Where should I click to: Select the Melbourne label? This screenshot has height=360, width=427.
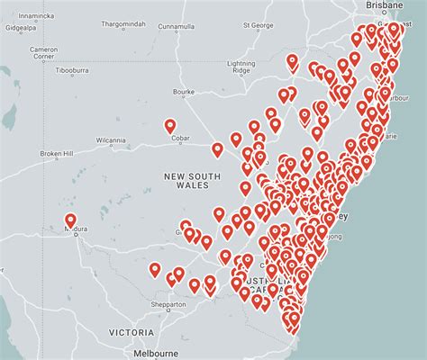[x=154, y=354]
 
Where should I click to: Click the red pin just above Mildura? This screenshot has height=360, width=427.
[x=70, y=220]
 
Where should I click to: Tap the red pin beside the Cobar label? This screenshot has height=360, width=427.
[x=170, y=127]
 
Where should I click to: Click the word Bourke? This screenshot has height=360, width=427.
[x=184, y=91]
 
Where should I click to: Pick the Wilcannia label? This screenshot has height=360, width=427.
[x=113, y=140]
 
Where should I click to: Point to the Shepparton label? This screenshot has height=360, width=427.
[x=169, y=303]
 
